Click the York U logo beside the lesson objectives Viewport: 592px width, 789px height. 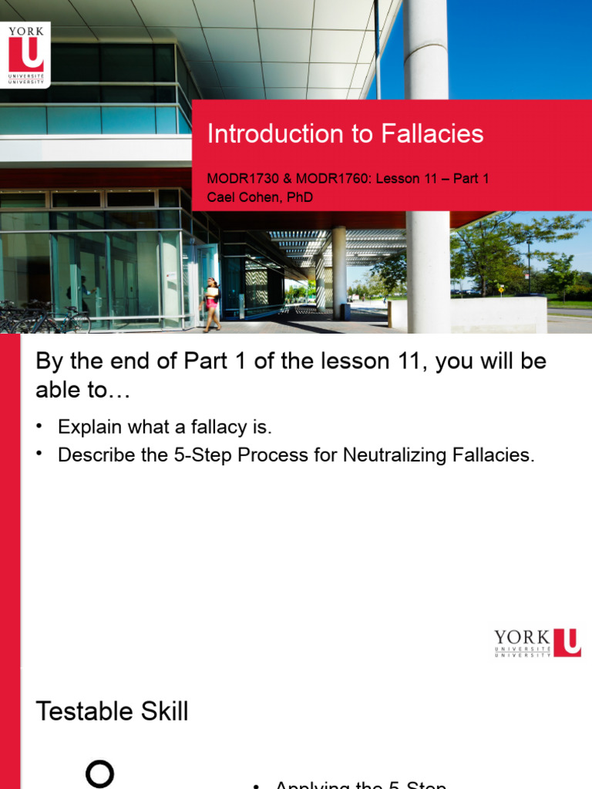point(537,643)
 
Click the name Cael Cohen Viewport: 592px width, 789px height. point(244,197)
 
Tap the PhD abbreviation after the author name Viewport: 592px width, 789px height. point(300,197)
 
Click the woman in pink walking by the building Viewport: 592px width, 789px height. point(211,304)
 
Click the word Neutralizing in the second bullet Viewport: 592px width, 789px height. point(393,455)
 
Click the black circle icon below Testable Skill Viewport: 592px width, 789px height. point(99,774)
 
